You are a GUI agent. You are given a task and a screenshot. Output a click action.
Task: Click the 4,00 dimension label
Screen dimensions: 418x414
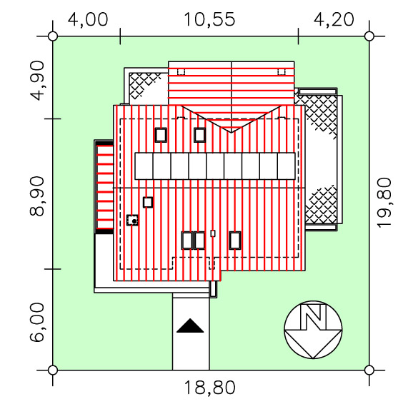[x=88, y=19]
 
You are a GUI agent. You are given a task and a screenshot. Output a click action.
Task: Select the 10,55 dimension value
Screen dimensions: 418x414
[x=209, y=19]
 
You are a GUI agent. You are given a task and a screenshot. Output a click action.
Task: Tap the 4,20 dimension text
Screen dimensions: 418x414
[x=334, y=19]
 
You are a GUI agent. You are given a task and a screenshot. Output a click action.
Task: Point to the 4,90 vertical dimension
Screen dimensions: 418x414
[x=37, y=81]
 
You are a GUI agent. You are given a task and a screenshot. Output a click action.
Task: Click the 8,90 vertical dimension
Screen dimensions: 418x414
[x=37, y=196]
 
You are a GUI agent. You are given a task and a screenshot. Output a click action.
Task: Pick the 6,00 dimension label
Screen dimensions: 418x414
[x=37, y=323]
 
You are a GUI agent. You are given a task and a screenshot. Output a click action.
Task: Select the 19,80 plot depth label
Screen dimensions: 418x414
[x=384, y=203]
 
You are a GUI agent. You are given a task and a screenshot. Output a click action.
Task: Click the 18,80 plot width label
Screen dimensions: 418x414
[x=209, y=388]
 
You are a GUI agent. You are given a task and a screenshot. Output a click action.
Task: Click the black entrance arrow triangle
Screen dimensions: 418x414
[x=190, y=325]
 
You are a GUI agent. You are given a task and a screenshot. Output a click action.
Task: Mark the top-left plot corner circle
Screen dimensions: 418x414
[x=53, y=36]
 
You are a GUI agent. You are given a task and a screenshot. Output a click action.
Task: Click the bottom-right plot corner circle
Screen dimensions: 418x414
[x=369, y=370]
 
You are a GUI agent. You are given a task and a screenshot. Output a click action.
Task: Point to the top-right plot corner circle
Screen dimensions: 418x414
[x=369, y=36]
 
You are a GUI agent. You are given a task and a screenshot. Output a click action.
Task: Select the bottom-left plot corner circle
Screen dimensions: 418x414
[x=53, y=370]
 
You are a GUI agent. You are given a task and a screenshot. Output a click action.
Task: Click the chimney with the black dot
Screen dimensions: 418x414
[x=132, y=221]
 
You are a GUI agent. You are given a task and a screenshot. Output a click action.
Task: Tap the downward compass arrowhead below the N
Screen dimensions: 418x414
[x=313, y=344]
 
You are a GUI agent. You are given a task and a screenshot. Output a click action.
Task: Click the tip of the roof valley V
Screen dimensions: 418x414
[x=231, y=132]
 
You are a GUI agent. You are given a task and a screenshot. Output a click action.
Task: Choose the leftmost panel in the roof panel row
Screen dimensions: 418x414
[x=144, y=166]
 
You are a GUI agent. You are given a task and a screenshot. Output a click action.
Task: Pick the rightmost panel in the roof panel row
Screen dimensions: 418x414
[x=287, y=166]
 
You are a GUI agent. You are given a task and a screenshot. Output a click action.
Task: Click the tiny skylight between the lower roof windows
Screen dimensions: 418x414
[x=213, y=233]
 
